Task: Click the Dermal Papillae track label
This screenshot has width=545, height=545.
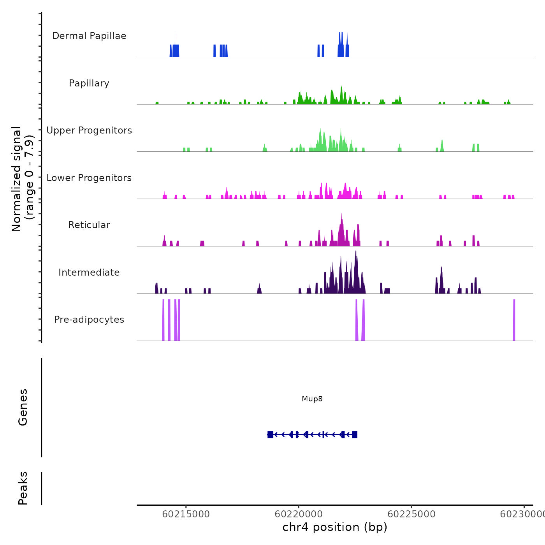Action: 89,36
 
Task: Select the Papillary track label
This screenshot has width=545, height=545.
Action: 89,83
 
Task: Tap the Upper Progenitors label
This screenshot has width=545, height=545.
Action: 89,130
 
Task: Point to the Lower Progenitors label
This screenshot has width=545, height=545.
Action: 89,178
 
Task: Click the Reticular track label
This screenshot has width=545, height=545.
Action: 89,225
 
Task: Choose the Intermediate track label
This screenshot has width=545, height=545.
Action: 89,272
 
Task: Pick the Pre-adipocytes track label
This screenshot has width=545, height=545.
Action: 89,320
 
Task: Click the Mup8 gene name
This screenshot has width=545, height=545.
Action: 312,399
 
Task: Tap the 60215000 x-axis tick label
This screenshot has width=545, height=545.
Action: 186,514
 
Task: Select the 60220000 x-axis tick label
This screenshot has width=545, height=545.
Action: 299,514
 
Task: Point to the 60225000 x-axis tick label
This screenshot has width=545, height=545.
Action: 411,514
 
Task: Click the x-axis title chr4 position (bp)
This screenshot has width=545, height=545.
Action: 335,527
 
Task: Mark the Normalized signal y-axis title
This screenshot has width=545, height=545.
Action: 23,179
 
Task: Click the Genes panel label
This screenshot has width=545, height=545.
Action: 23,407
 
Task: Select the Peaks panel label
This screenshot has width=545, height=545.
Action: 23,488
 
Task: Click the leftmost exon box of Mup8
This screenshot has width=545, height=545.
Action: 270,434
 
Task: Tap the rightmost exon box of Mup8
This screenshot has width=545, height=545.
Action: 355,434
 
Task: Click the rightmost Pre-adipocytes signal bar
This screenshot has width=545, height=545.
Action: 514,320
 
